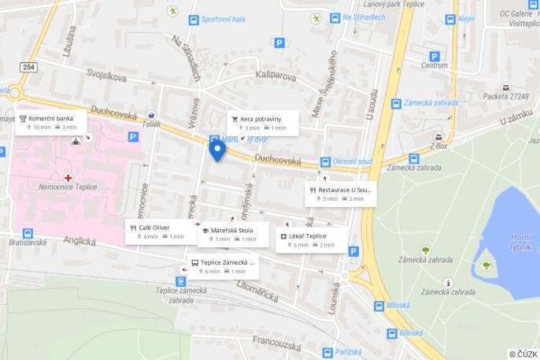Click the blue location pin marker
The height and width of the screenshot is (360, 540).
(x=217, y=149)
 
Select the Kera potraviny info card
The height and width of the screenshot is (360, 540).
(x=260, y=122)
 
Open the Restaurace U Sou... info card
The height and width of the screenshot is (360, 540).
(x=340, y=194)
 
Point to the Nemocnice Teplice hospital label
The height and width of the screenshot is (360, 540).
(x=68, y=187)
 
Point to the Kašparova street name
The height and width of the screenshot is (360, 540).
(x=276, y=76)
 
